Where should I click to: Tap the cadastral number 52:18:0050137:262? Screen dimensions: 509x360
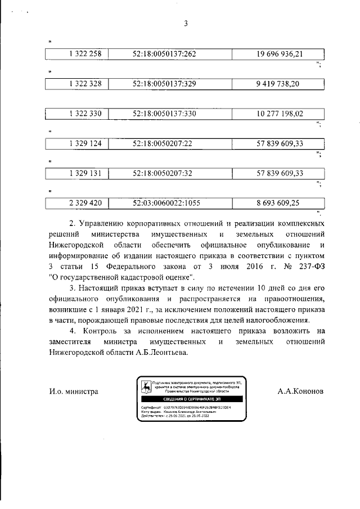164,54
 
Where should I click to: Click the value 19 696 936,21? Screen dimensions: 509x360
280,54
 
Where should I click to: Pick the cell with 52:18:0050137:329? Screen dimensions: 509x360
164,84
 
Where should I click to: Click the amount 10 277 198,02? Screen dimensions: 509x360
280,114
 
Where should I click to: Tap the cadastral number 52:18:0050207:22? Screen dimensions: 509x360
163,143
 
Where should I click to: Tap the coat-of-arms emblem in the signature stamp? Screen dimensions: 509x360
146,388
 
